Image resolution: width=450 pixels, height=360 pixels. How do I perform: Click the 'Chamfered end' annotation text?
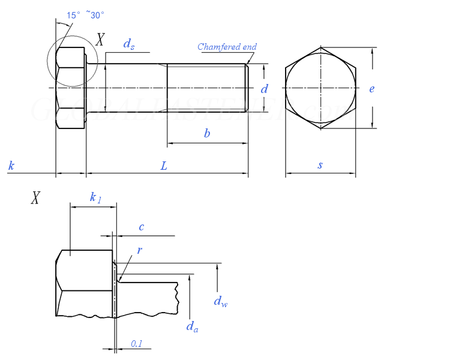tap(227, 47)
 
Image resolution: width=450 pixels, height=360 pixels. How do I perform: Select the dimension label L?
tap(164, 166)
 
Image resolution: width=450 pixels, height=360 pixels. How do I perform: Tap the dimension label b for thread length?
tap(207, 134)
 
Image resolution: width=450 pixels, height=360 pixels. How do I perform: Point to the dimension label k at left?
tap(11, 166)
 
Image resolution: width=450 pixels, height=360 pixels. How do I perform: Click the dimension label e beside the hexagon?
tap(372, 89)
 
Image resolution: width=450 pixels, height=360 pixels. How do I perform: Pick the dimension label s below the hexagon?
tap(320, 165)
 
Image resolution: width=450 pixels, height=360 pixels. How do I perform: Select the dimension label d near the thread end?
tap(264, 89)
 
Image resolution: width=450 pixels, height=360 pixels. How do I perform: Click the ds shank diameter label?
tap(128, 44)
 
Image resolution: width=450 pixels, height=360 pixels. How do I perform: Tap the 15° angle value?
tap(73, 16)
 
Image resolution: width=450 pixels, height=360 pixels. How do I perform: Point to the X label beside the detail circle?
tap(100, 40)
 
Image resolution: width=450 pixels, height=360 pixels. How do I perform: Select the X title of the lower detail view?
tap(35, 198)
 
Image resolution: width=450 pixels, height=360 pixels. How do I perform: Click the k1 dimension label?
tap(95, 197)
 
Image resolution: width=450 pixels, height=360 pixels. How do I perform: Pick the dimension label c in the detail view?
tap(141, 227)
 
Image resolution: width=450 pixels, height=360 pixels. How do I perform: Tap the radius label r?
tap(139, 250)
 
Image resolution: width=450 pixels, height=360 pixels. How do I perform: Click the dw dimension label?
tap(220, 301)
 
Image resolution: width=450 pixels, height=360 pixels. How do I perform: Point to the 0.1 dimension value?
tap(137, 344)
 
